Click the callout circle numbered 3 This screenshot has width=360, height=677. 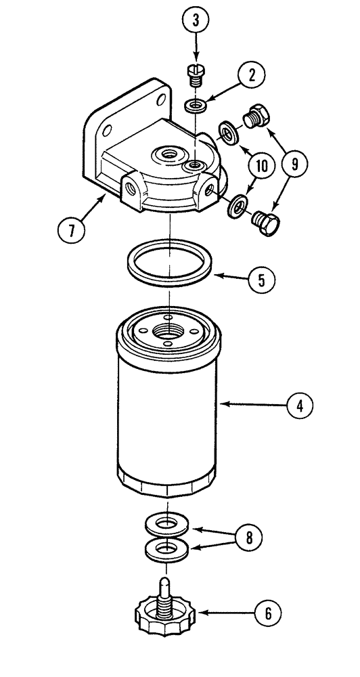tap(196, 21)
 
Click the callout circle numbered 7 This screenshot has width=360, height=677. tap(72, 229)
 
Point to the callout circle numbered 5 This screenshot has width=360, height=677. tap(261, 279)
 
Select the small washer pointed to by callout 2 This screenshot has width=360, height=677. tap(195, 105)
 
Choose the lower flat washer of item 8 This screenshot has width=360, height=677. tap(166, 550)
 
